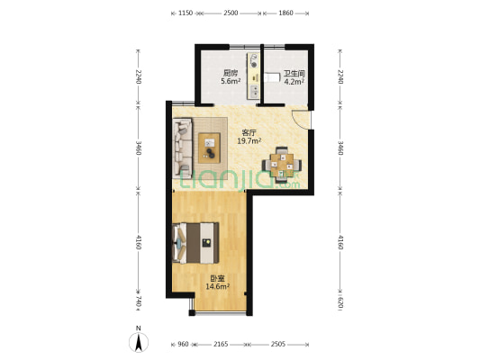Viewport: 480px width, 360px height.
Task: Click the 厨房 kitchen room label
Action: point(231,73)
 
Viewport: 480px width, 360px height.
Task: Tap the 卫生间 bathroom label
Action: point(294,74)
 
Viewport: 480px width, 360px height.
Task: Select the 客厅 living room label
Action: point(249,132)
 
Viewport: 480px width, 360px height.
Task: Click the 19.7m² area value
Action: point(249,140)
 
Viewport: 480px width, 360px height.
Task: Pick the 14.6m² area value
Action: point(217,287)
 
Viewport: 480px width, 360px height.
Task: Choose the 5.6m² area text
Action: point(231,81)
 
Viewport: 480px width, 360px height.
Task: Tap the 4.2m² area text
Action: point(294,82)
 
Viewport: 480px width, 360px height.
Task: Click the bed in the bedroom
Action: point(195,237)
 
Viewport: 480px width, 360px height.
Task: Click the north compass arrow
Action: point(138,341)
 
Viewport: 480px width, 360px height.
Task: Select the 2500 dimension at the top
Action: point(231,13)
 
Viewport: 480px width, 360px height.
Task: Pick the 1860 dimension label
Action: point(286,13)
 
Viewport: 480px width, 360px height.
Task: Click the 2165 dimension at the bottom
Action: point(221,344)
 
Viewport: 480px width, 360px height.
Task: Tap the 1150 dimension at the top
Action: point(185,13)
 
